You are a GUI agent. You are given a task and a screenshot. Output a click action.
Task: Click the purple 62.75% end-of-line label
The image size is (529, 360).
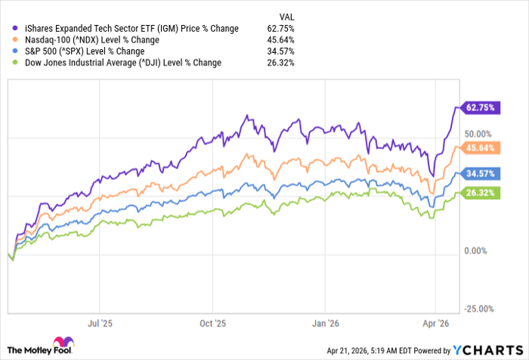pyautogui.click(x=480, y=107)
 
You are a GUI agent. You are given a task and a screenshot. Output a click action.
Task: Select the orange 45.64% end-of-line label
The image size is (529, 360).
pyautogui.click(x=480, y=147)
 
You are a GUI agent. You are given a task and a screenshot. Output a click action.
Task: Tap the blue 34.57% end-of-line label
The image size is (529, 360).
pyautogui.click(x=480, y=173)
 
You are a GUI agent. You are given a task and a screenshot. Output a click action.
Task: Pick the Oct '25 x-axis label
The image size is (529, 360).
pyautogui.click(x=213, y=322)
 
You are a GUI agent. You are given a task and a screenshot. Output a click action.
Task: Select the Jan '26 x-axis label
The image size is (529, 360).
pyautogui.click(x=324, y=322)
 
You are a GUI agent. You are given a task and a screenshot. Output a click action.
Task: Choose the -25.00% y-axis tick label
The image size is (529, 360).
pyautogui.click(x=479, y=309)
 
